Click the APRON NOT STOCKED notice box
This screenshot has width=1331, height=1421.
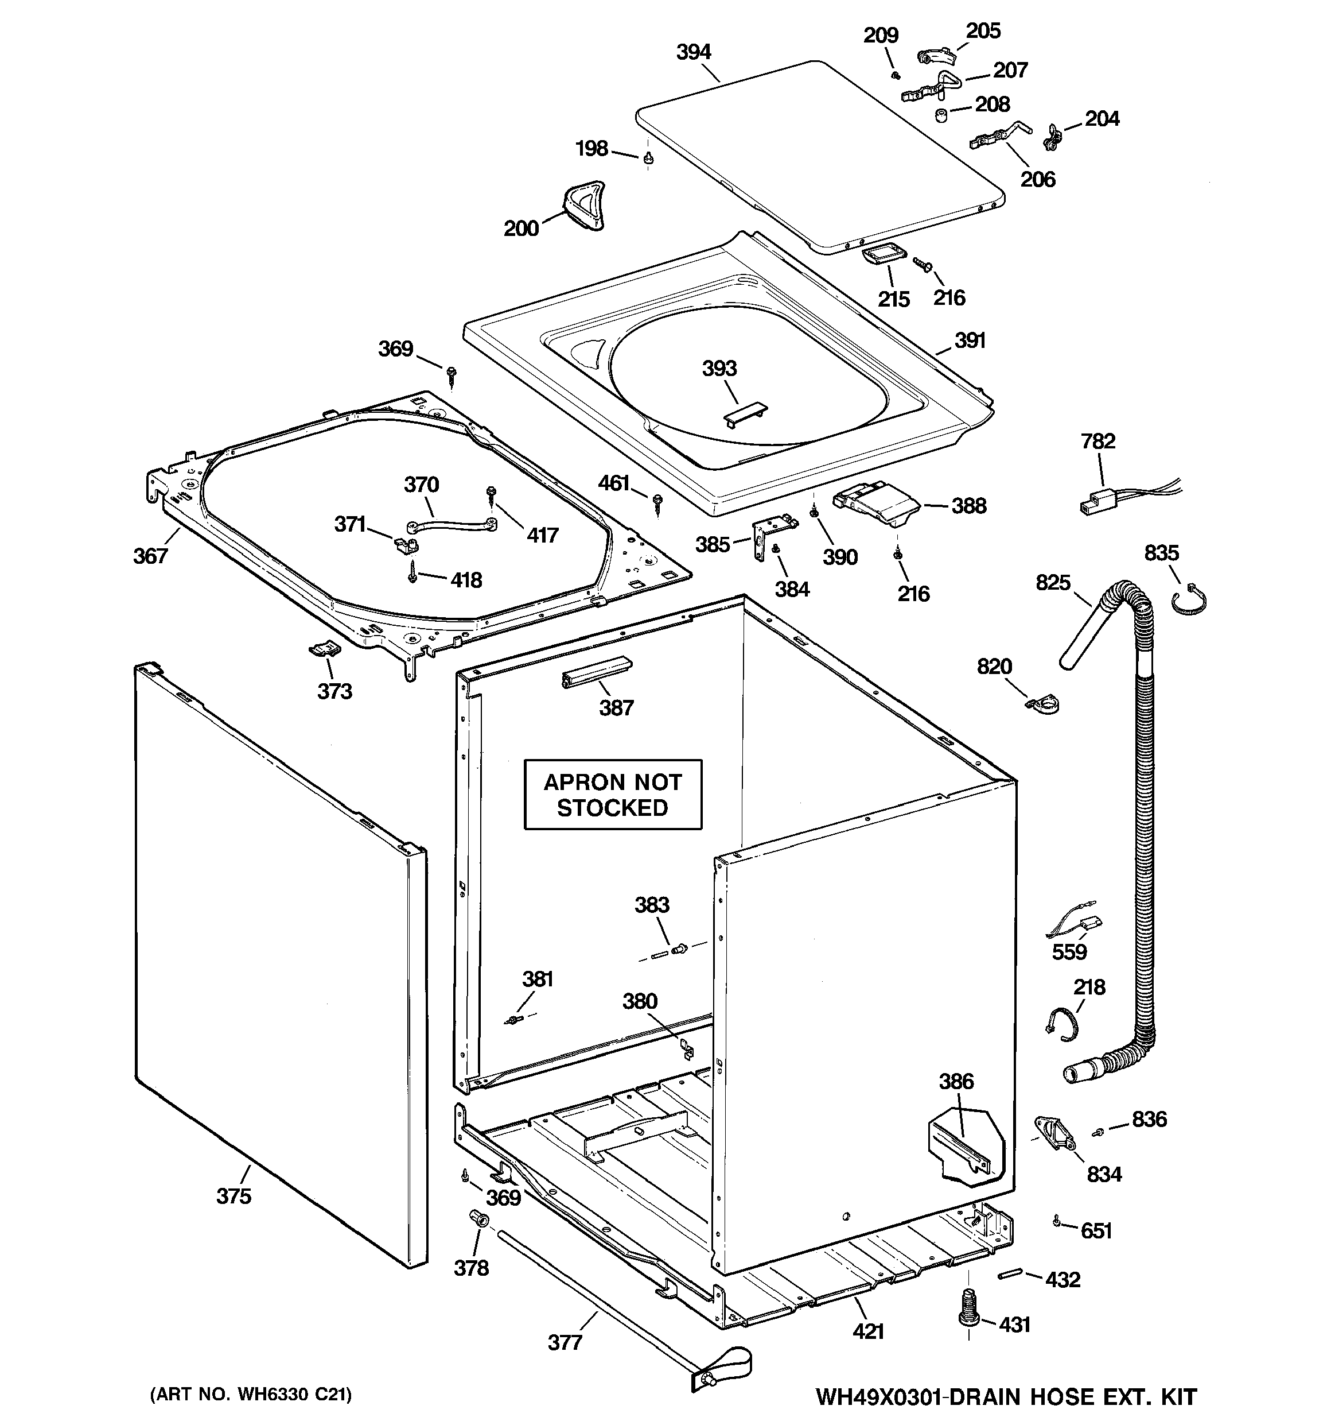pyautogui.click(x=612, y=794)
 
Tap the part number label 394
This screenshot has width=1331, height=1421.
pyautogui.click(x=693, y=52)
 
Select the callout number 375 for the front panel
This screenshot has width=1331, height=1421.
pyautogui.click(x=233, y=1196)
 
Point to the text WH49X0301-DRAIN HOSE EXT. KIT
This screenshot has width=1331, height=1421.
pyautogui.click(x=1006, y=1396)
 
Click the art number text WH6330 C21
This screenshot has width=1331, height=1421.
pyautogui.click(x=251, y=1395)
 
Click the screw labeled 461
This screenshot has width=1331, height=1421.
pyautogui.click(x=658, y=502)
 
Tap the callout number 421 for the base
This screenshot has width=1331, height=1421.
pyautogui.click(x=868, y=1331)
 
